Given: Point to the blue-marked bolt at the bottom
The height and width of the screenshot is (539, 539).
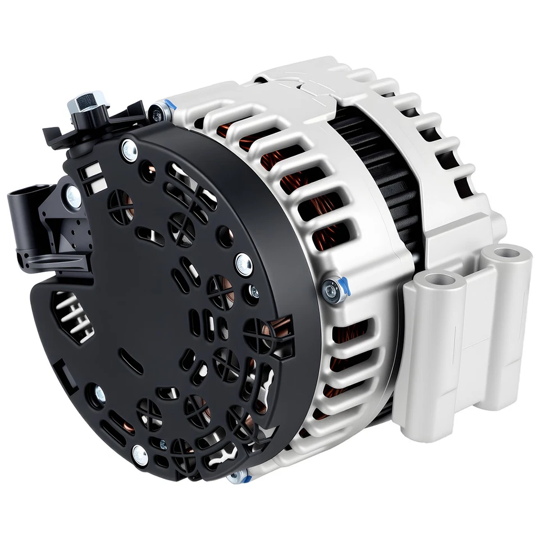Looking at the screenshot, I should click(238, 478).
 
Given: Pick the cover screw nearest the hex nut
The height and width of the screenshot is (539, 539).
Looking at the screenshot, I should click(129, 148).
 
